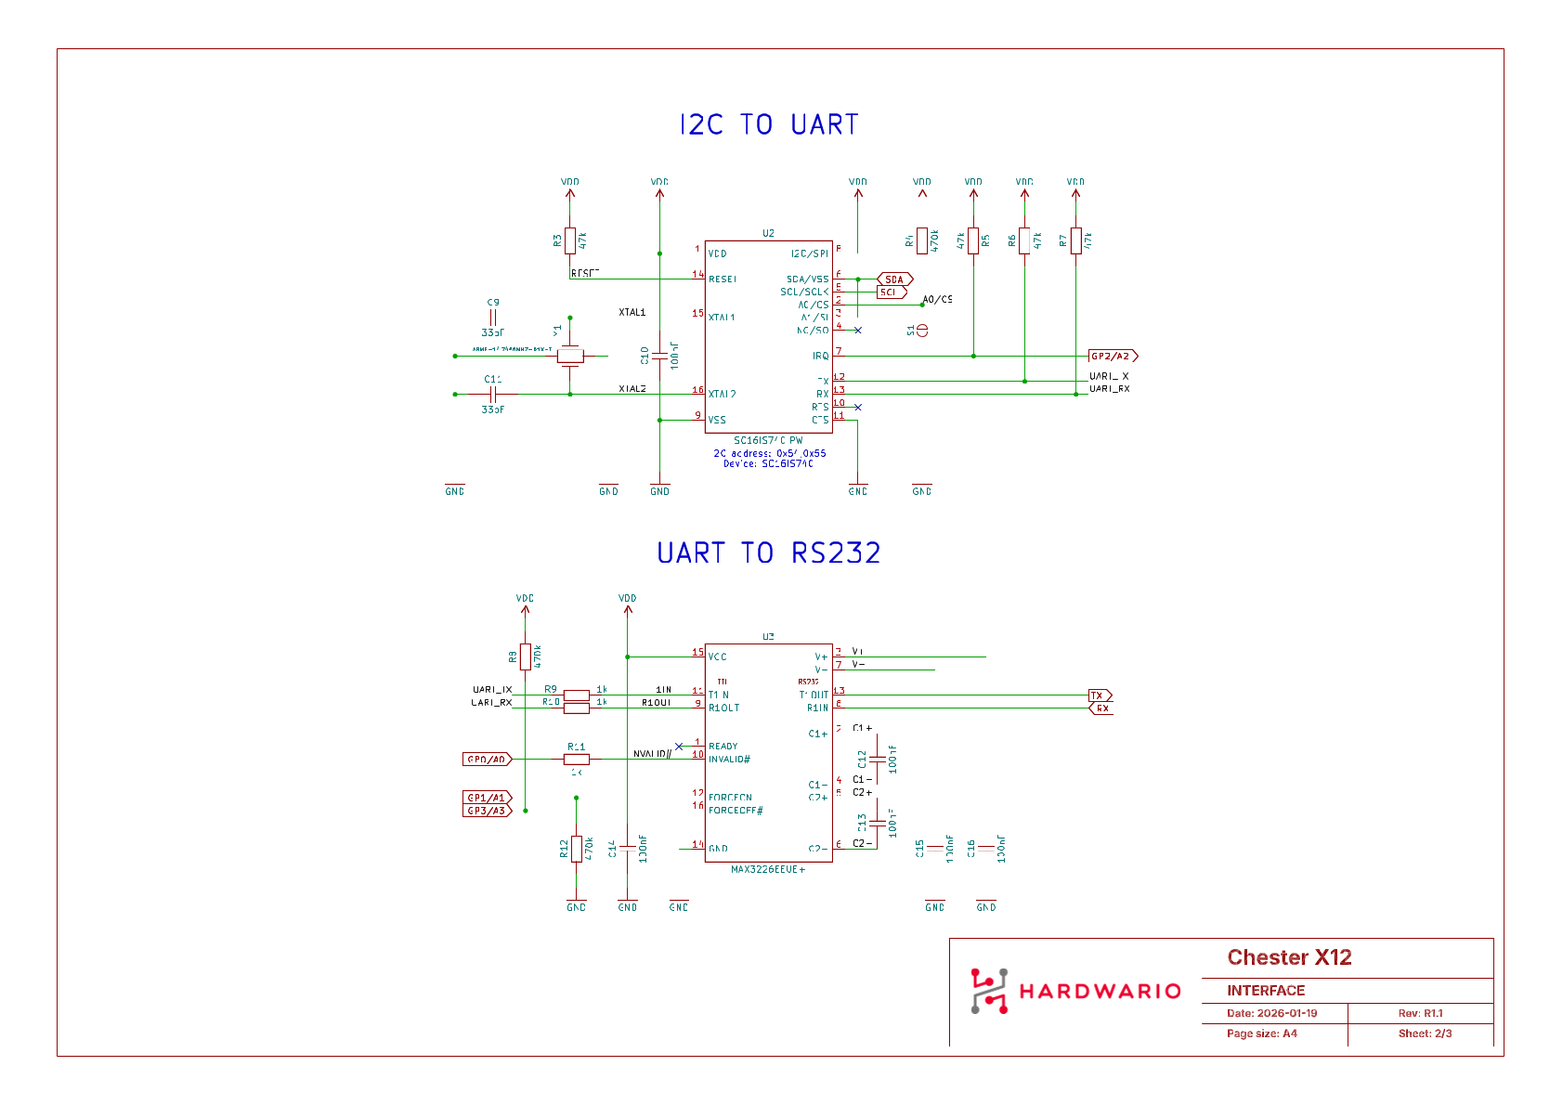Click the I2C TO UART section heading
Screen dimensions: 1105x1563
tap(769, 124)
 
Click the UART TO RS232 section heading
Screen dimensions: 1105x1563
tap(769, 552)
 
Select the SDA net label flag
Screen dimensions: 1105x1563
tap(895, 279)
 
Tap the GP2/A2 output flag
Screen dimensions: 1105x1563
tap(1112, 356)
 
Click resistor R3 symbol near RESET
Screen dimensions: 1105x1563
tap(570, 240)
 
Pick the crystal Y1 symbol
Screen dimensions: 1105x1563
tap(570, 356)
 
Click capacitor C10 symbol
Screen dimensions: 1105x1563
tap(659, 356)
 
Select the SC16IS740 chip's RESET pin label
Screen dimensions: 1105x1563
tap(723, 279)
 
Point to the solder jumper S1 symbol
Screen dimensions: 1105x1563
tap(922, 331)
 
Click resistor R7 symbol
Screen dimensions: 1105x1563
tap(1075, 240)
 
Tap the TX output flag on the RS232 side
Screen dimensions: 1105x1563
tap(1099, 695)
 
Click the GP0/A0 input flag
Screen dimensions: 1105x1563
tap(487, 760)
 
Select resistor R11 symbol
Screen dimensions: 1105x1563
tap(576, 760)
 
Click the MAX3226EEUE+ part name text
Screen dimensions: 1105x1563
tap(768, 870)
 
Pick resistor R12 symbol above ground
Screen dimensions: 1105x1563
tap(576, 849)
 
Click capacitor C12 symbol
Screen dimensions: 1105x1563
tap(877, 760)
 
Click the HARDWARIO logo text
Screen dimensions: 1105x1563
tap(1100, 992)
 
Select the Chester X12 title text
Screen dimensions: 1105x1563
tap(1289, 957)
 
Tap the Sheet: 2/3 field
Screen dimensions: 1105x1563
tap(1425, 1033)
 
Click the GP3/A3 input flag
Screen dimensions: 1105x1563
tap(487, 811)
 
